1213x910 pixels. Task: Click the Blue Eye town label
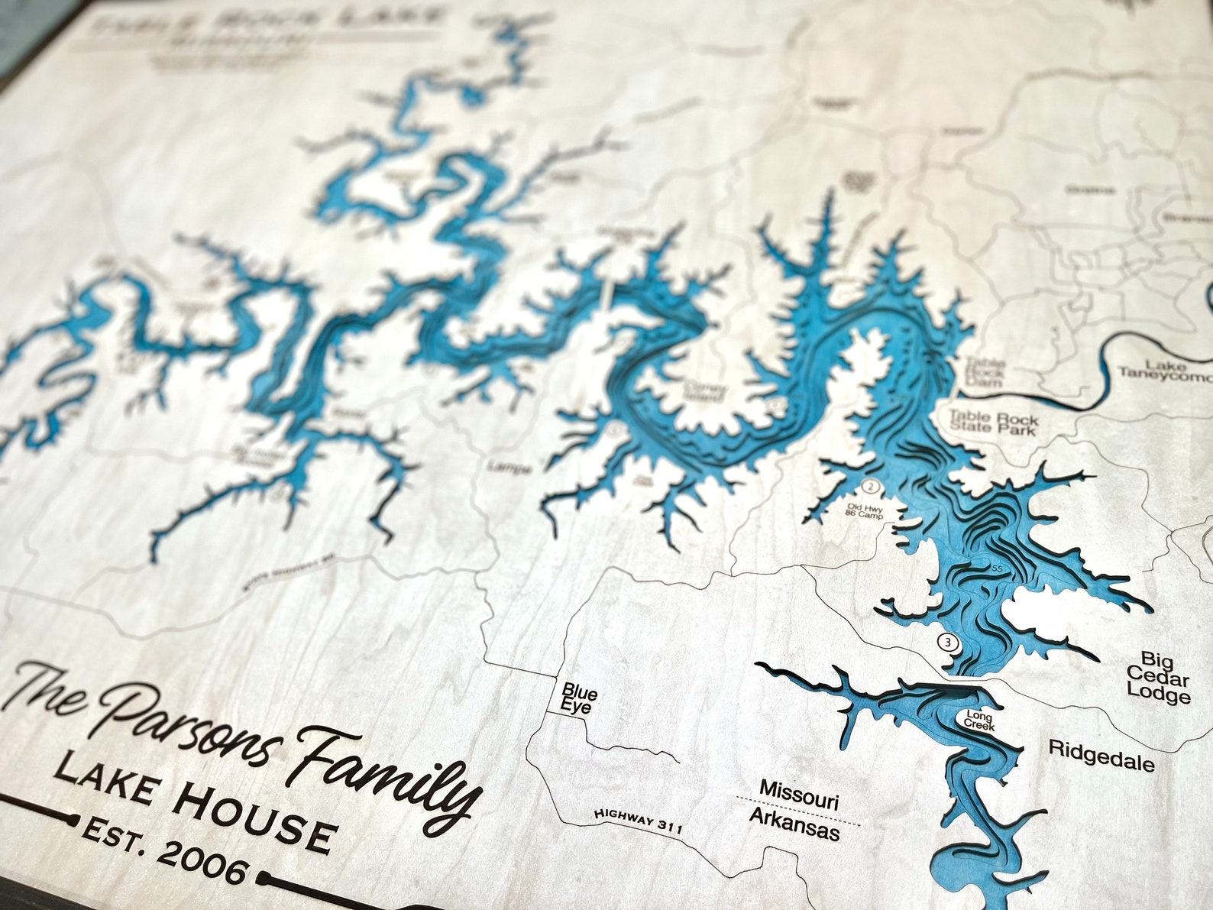click(x=579, y=700)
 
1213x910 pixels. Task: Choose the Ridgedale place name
click(x=1101, y=755)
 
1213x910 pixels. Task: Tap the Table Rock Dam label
click(x=983, y=372)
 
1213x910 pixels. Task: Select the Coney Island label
click(x=706, y=391)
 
